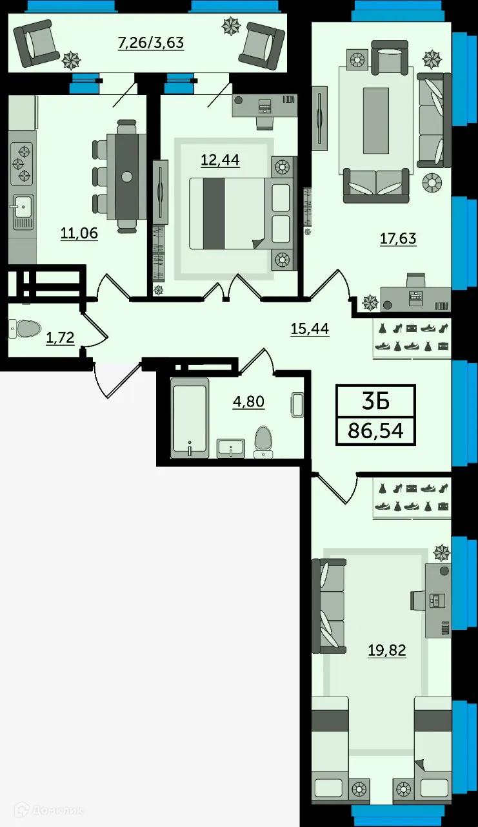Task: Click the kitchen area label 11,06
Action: click(79, 233)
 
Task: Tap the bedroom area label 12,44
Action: click(221, 159)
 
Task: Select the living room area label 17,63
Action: click(398, 238)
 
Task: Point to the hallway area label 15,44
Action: click(310, 329)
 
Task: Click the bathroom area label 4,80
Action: click(248, 402)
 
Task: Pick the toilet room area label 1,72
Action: click(60, 337)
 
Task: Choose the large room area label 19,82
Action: click(387, 650)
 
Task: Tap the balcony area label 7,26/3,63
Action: click(151, 43)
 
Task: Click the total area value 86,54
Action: click(375, 430)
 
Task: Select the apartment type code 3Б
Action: click(375, 401)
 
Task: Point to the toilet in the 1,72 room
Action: click(26, 329)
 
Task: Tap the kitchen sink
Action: click(21, 207)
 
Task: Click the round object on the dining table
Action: click(127, 176)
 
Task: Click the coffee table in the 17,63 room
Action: click(375, 121)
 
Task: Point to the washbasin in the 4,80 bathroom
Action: click(230, 446)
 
